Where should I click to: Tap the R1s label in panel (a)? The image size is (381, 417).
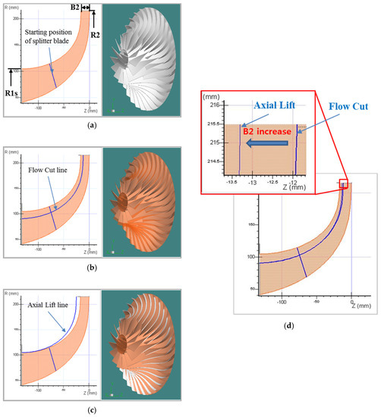click(12, 93)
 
